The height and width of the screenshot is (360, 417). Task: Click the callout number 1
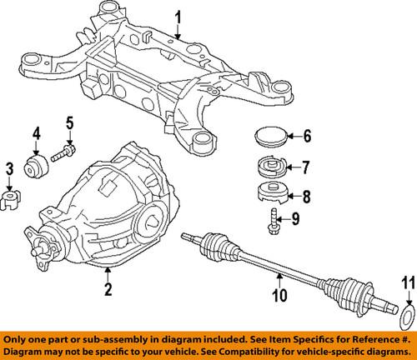pos(176,16)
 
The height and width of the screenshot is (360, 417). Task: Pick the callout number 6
pos(306,136)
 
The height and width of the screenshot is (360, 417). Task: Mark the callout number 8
pos(306,197)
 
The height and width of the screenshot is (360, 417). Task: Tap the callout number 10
pos(280,293)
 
